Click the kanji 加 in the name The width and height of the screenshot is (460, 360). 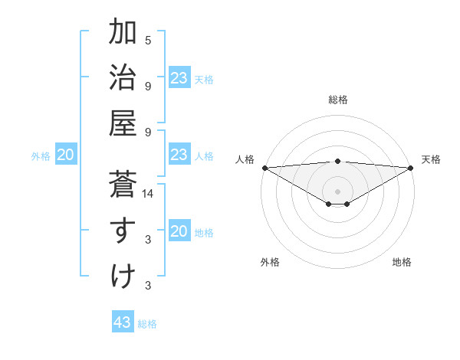click(x=123, y=33)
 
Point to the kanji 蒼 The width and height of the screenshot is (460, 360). click(x=123, y=185)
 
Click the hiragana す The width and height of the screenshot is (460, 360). click(x=123, y=231)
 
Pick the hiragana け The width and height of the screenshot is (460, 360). click(x=123, y=276)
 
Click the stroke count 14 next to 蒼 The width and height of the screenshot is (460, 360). click(x=148, y=195)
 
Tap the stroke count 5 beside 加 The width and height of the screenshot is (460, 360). click(x=148, y=41)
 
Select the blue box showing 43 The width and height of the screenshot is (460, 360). click(x=123, y=322)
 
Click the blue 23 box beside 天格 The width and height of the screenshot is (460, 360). click(x=179, y=78)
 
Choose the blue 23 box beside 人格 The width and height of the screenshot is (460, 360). click(x=179, y=155)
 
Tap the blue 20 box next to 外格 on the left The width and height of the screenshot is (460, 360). click(x=65, y=155)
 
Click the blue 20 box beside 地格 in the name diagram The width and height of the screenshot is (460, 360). click(x=179, y=231)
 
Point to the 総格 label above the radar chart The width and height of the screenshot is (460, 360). click(x=338, y=100)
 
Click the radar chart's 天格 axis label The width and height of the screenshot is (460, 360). click(x=432, y=159)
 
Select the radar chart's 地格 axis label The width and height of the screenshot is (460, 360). click(x=402, y=262)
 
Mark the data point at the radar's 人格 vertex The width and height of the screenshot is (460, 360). click(x=264, y=167)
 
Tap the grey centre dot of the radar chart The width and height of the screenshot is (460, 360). click(x=338, y=191)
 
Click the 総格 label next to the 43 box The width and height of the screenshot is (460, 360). click(x=147, y=324)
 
